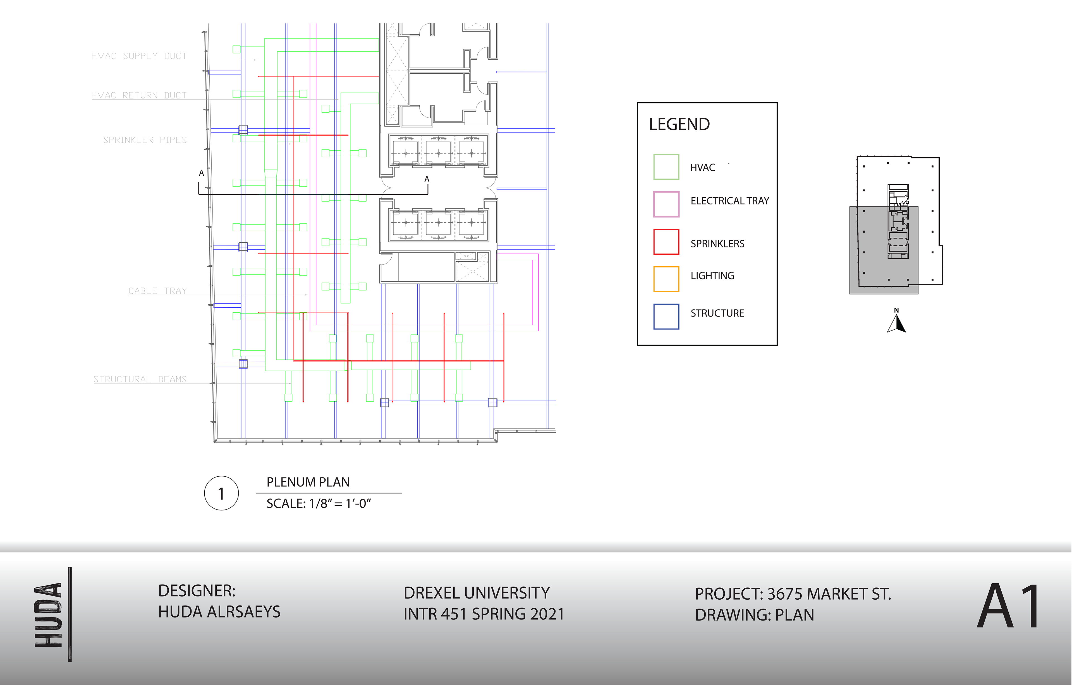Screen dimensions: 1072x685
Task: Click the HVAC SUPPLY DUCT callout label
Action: point(139,56)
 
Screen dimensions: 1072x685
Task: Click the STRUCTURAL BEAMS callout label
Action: point(140,379)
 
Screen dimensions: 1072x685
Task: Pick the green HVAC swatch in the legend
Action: point(666,167)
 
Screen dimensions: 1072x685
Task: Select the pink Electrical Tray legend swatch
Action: point(666,204)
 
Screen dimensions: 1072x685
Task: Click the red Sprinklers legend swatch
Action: point(666,242)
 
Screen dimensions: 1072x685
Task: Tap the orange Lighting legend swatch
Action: point(666,279)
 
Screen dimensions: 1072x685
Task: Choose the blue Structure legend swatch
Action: point(666,316)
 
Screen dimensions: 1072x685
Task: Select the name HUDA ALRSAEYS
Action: point(219,612)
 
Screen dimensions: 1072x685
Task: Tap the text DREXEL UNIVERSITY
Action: point(476,593)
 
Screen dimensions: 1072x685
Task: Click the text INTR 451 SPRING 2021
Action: point(484,614)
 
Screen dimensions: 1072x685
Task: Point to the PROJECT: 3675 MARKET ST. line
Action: point(793,594)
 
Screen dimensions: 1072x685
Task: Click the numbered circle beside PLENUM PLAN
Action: point(221,493)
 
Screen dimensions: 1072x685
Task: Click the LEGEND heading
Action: point(679,124)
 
